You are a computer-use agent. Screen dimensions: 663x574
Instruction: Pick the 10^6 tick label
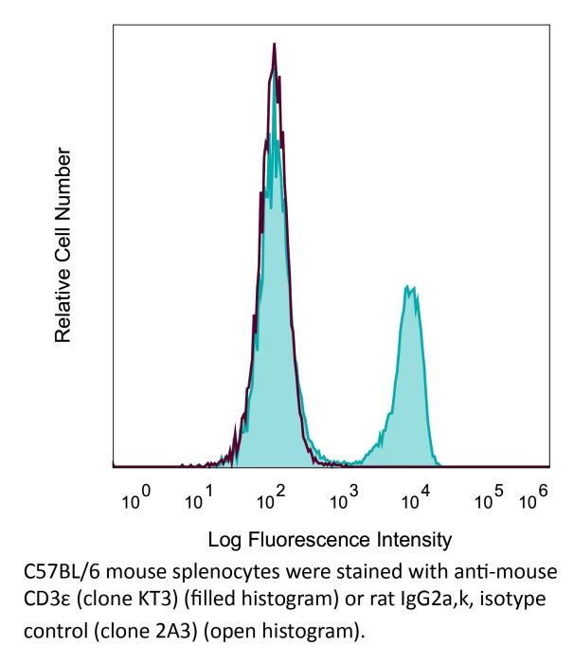tap(536, 497)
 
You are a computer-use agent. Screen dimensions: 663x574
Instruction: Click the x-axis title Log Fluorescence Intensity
tap(329, 541)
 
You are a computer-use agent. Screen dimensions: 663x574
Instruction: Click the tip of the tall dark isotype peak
tap(274, 44)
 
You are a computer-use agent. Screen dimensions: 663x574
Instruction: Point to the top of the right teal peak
tap(409, 286)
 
